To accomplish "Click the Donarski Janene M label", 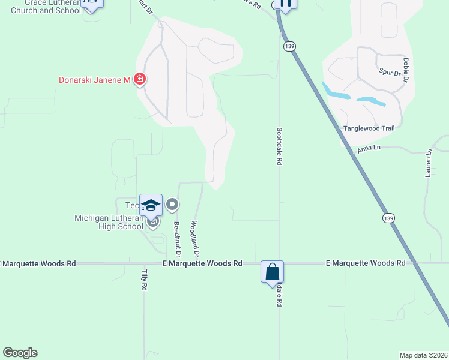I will (94, 80).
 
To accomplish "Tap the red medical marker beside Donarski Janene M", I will (140, 79).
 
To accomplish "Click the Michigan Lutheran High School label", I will (109, 222).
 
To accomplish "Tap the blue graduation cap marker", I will (151, 205).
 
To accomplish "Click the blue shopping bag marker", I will (272, 271).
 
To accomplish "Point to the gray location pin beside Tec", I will (172, 205).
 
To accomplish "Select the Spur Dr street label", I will (390, 73).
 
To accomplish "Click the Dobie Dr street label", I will (406, 70).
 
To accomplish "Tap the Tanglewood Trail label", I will (369, 128).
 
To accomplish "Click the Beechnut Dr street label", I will (177, 235).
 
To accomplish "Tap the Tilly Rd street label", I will (144, 280).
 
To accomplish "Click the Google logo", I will (20, 353).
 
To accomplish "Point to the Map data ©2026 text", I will (423, 355).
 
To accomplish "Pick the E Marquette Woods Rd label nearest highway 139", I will (366, 263).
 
